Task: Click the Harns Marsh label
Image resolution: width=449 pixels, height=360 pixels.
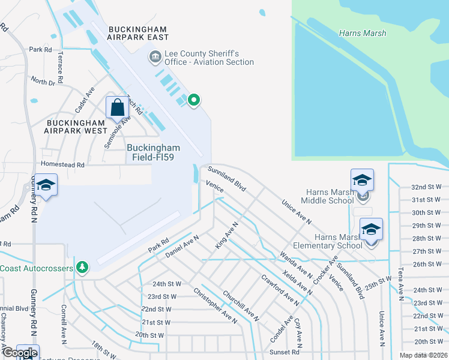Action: pyautogui.click(x=363, y=33)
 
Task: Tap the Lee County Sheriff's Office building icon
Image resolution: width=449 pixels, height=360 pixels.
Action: pyautogui.click(x=155, y=58)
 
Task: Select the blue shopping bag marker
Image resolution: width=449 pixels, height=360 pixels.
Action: pyautogui.click(x=118, y=108)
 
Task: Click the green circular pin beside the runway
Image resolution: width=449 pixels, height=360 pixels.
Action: pyautogui.click(x=193, y=100)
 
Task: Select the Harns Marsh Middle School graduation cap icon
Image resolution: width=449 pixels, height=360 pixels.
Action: pyautogui.click(x=362, y=181)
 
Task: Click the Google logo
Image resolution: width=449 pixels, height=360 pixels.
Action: pyautogui.click(x=19, y=353)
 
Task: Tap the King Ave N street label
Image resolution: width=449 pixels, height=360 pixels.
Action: pyautogui.click(x=227, y=235)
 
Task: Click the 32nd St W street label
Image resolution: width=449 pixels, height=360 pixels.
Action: pyautogui.click(x=427, y=187)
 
